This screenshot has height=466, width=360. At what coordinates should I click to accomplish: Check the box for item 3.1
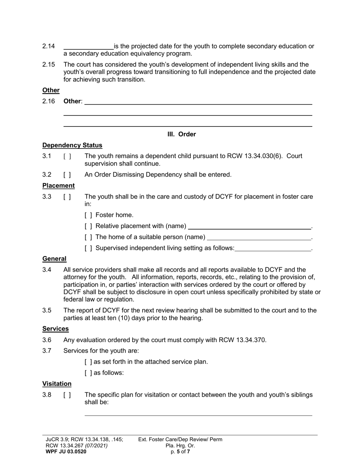coord(67,156)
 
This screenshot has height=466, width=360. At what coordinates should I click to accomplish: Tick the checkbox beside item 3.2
coord(67,175)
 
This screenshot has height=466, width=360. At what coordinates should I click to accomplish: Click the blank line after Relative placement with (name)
coord(249,227)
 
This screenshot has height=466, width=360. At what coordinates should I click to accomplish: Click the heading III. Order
coord(182,134)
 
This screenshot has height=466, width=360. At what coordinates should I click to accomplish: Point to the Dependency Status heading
coord(72,145)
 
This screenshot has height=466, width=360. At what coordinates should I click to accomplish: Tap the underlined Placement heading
coord(58,186)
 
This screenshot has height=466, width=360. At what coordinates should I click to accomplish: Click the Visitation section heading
coord(57,384)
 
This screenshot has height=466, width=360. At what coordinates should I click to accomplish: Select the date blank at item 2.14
coord(88,46)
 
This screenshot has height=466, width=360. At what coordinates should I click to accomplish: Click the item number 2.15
coord(49,64)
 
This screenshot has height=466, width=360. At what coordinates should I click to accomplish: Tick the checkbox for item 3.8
coord(67,395)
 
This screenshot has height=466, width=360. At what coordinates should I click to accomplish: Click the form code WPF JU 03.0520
coord(66,452)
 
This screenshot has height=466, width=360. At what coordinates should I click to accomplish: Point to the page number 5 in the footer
coord(178,452)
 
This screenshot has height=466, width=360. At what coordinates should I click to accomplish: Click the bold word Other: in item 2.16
coord(73,101)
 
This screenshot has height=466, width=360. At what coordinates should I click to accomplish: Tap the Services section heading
coord(55,328)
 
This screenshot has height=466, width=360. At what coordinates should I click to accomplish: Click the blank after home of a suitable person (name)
coord(259,238)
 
